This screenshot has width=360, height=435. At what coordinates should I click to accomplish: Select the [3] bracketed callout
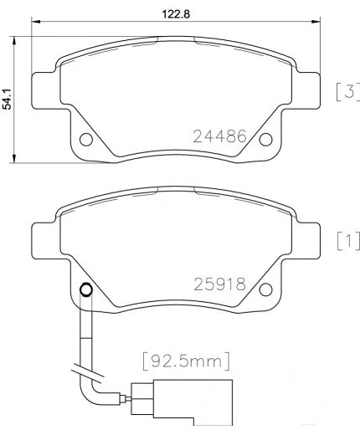click(x=347, y=91)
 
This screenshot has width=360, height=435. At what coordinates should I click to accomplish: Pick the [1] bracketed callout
click(x=347, y=243)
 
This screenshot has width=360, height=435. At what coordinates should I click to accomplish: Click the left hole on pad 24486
click(x=85, y=140)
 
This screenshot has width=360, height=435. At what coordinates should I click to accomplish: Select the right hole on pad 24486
click(x=266, y=140)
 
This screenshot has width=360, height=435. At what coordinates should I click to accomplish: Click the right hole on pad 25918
click(x=266, y=290)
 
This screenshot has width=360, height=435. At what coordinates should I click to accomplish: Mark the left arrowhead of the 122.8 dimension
click(x=35, y=26)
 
